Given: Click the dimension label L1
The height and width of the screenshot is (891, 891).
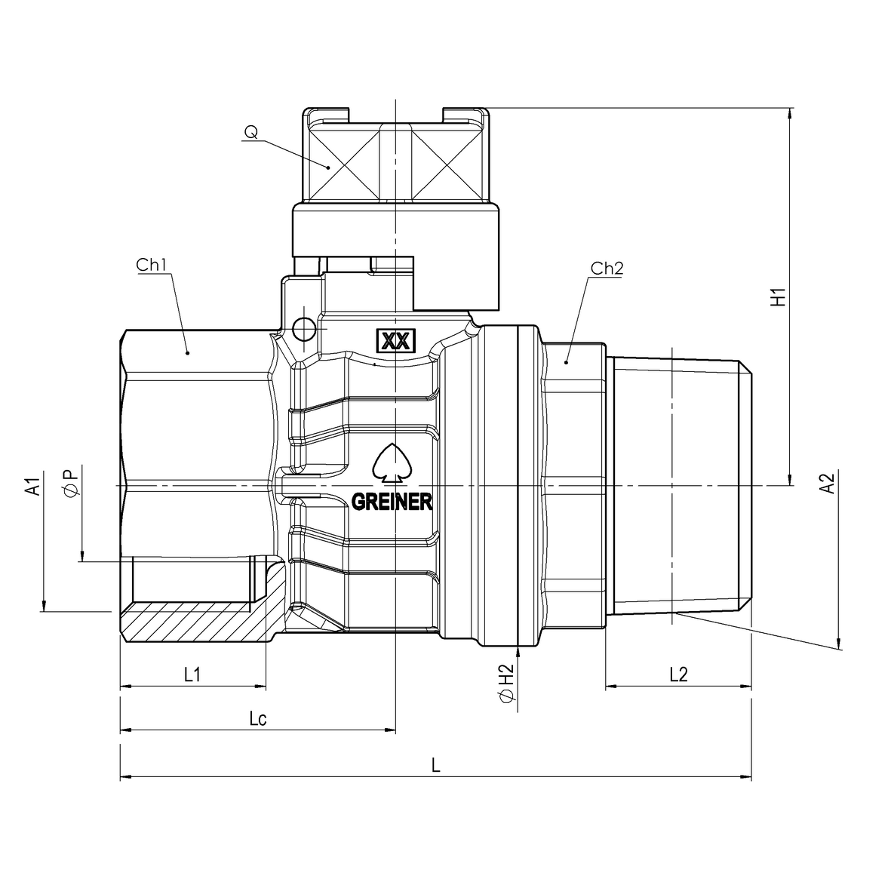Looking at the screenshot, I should tap(192, 674).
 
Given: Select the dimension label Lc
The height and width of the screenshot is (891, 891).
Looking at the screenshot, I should tap(258, 718).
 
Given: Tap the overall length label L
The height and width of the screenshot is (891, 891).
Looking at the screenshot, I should tap(435, 764).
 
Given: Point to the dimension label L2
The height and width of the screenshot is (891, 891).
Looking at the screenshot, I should tap(678, 674).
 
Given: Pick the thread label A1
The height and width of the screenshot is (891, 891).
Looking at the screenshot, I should tap(32, 487).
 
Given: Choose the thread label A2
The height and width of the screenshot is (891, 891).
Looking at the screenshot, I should tap(828, 483).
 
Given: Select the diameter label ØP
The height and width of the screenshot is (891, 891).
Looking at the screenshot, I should tap(70, 483).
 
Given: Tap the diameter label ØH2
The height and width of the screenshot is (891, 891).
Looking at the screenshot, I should tap(506, 683).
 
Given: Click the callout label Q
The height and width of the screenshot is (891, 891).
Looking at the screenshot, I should tap(250, 133).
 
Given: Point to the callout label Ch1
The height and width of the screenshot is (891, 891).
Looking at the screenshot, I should tap(151, 266).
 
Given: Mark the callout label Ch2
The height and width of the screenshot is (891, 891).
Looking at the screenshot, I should tap(607, 268).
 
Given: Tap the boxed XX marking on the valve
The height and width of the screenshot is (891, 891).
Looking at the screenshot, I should tap(395, 341).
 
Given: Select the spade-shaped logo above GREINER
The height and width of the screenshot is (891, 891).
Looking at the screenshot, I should tap(391, 461).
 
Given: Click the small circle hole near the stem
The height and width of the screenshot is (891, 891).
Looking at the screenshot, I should tap(305, 327).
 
